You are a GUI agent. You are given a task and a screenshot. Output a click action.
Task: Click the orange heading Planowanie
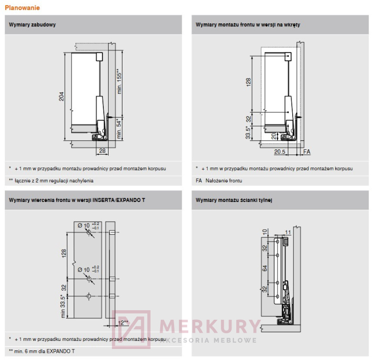(x=22, y=8)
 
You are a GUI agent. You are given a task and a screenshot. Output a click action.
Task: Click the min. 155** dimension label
(x=120, y=81)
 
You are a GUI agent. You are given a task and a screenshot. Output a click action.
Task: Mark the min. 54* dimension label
(x=120, y=129)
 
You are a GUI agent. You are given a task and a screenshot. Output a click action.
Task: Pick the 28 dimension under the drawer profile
(x=102, y=151)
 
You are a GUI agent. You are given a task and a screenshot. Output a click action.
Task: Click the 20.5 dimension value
(x=280, y=152)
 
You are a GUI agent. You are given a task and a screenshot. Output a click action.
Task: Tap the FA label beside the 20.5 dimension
(x=307, y=152)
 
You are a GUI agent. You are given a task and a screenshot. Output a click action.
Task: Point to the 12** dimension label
(x=123, y=323)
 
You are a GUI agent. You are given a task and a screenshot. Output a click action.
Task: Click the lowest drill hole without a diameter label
(x=89, y=297)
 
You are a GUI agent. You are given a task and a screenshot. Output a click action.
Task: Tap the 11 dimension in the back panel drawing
(x=287, y=232)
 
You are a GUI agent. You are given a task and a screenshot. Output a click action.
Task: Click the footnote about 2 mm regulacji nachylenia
(x=51, y=180)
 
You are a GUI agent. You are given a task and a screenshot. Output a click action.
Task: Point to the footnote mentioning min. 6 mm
(x=42, y=351)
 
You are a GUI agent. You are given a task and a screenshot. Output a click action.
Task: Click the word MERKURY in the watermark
(x=209, y=326)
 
